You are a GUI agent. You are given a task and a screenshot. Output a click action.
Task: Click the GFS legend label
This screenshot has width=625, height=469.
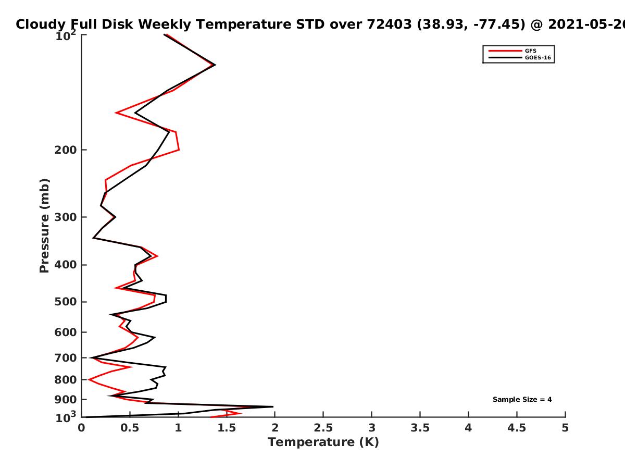[x=530, y=51]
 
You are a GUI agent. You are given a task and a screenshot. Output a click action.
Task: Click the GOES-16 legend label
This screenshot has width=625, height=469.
[x=537, y=57]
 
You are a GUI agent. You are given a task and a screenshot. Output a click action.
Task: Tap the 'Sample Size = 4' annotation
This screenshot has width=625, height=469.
[x=522, y=400]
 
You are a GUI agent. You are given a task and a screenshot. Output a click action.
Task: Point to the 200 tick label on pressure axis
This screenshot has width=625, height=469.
[x=66, y=150]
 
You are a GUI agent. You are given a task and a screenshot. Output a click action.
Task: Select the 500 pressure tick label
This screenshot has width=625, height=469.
[x=66, y=302]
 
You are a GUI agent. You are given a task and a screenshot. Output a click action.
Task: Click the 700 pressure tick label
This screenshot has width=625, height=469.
[x=66, y=358]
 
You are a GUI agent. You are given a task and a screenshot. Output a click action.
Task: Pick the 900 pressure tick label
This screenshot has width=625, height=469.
[x=66, y=400]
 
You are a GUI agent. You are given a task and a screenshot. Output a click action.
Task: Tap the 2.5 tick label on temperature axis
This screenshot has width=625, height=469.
[x=323, y=428]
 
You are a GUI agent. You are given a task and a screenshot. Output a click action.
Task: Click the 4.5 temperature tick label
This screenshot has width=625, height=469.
[x=517, y=428]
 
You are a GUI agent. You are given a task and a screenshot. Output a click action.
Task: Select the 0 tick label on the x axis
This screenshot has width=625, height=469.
[x=81, y=428]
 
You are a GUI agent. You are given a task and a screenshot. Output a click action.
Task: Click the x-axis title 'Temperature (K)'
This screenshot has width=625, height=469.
[x=323, y=442]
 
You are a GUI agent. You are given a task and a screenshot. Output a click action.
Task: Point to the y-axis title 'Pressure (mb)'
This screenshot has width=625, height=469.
[x=44, y=226]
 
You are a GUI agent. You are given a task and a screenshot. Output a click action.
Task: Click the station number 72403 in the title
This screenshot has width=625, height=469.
[x=389, y=24]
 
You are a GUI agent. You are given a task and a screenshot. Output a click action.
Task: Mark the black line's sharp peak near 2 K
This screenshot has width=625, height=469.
[x=273, y=406]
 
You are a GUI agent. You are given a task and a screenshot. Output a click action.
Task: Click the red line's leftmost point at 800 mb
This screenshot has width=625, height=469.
[x=89, y=379]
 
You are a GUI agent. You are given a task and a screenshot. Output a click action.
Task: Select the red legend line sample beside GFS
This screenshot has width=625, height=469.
[x=505, y=51]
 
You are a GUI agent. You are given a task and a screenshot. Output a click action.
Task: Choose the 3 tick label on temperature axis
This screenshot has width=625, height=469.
[x=371, y=428]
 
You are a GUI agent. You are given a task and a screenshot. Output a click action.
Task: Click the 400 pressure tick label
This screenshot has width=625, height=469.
[x=66, y=265]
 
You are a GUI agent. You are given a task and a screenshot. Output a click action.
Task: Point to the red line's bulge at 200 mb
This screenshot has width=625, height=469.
[x=179, y=150]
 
